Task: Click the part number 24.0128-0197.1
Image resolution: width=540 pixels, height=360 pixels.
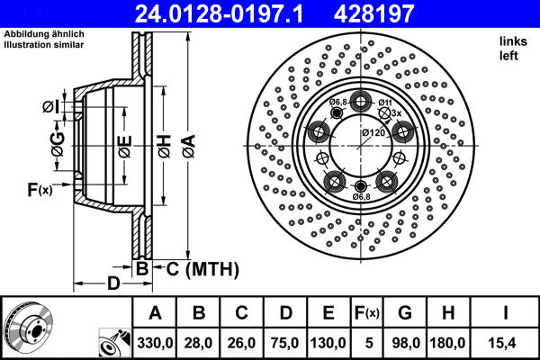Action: (230, 13)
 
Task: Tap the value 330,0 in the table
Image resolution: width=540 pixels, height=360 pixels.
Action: (155, 343)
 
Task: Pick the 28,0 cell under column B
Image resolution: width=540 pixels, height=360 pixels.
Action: (199, 343)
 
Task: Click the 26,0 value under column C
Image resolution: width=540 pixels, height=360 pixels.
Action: (242, 343)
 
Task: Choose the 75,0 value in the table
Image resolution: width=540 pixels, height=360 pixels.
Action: (286, 343)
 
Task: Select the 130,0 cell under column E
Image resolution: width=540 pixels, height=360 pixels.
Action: (330, 343)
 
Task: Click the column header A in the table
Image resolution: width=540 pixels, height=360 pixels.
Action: (155, 313)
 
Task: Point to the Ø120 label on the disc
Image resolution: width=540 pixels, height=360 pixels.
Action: (373, 133)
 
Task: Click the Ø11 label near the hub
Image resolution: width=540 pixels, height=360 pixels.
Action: (385, 103)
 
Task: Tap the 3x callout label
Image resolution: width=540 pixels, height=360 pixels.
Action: (396, 113)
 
